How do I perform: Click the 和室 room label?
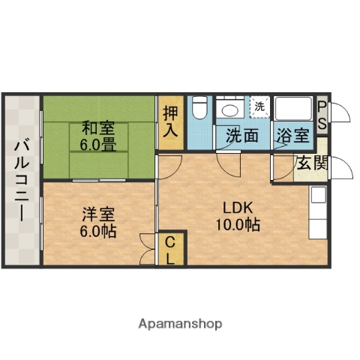coord(98,127)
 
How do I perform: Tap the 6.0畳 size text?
coord(98,144)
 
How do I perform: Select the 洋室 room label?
coord(98,214)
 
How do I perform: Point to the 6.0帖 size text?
coord(98,230)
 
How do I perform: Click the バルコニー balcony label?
coord(22,180)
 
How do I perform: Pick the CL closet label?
coord(170,250)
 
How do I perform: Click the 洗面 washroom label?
coord(242,136)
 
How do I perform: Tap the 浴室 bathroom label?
coord(292,136)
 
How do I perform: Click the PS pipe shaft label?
coord(322,115)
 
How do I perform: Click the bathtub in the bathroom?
coord(294,109)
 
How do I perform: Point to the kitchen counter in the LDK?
coord(318,214)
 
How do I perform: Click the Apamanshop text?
coord(180,325)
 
